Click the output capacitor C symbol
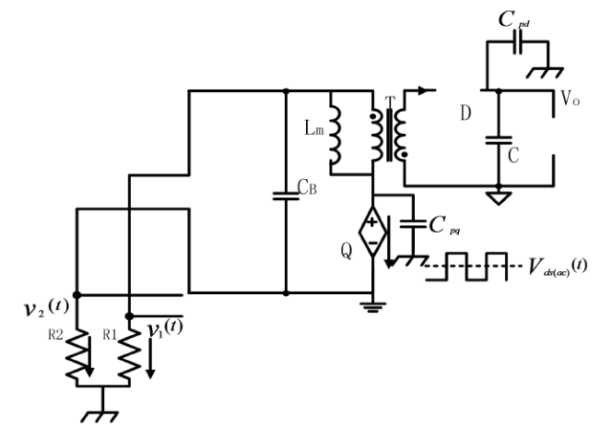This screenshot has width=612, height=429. [x=497, y=139]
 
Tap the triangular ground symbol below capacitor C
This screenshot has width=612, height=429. [x=497, y=197]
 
